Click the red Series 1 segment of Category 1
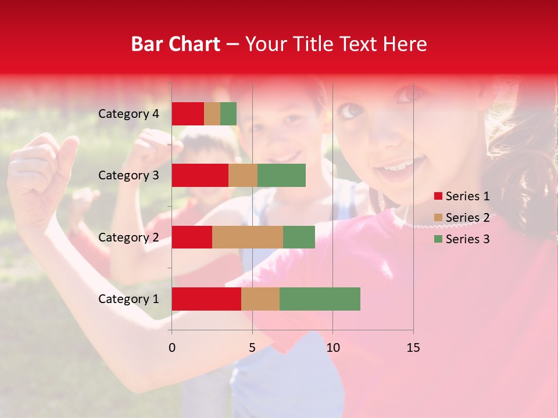pyautogui.click(x=206, y=298)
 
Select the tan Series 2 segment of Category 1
pyautogui.click(x=260, y=298)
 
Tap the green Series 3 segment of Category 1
pyautogui.click(x=320, y=298)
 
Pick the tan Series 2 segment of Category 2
pyautogui.click(x=248, y=237)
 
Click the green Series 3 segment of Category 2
pyautogui.click(x=299, y=237)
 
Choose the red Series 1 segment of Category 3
pyautogui.click(x=200, y=175)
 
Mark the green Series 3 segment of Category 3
pyautogui.click(x=281, y=175)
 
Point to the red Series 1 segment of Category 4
pyautogui.click(x=188, y=113)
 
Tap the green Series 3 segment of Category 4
pyautogui.click(x=228, y=113)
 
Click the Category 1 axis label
pyautogui.click(x=128, y=299)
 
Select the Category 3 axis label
pyautogui.click(x=128, y=175)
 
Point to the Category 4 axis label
pyautogui.click(x=128, y=114)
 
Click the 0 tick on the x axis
pyautogui.click(x=171, y=348)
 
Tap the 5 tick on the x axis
pyautogui.click(x=252, y=348)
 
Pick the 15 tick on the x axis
pyautogui.click(x=413, y=348)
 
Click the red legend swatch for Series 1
pyautogui.click(x=438, y=196)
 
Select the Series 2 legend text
pyautogui.click(x=467, y=218)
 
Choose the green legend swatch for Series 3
pyautogui.click(x=438, y=239)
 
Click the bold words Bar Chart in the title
pyautogui.click(x=176, y=44)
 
